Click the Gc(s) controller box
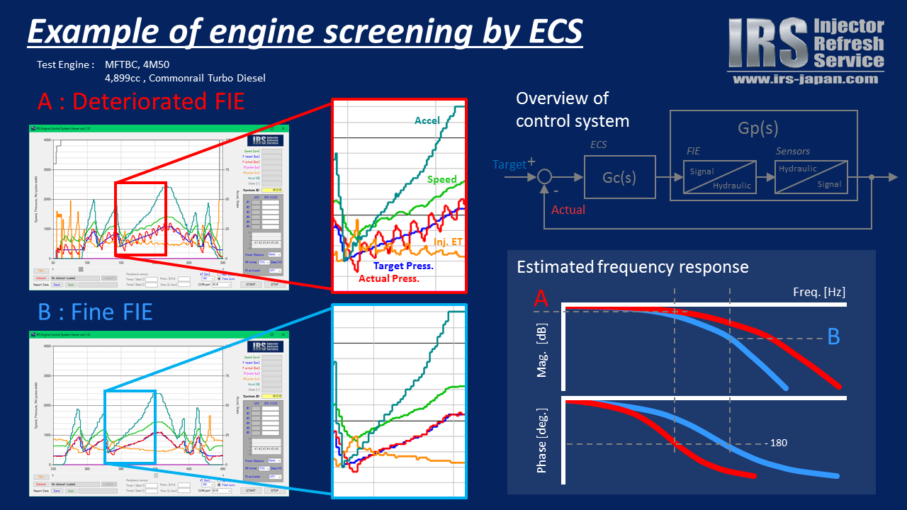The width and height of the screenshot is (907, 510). pos(619,177)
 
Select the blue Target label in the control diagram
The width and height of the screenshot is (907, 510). pos(509,164)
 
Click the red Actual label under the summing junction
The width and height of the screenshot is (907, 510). pos(568,210)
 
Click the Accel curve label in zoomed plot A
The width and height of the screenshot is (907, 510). pos(428,121)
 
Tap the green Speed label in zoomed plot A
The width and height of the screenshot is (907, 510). pos(442,180)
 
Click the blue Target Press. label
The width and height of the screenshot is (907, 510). pos(403,266)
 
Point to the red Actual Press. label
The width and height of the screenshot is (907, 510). pos(389,278)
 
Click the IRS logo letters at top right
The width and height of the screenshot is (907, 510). pos(768,43)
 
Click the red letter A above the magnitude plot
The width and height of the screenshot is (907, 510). pos(541,300)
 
